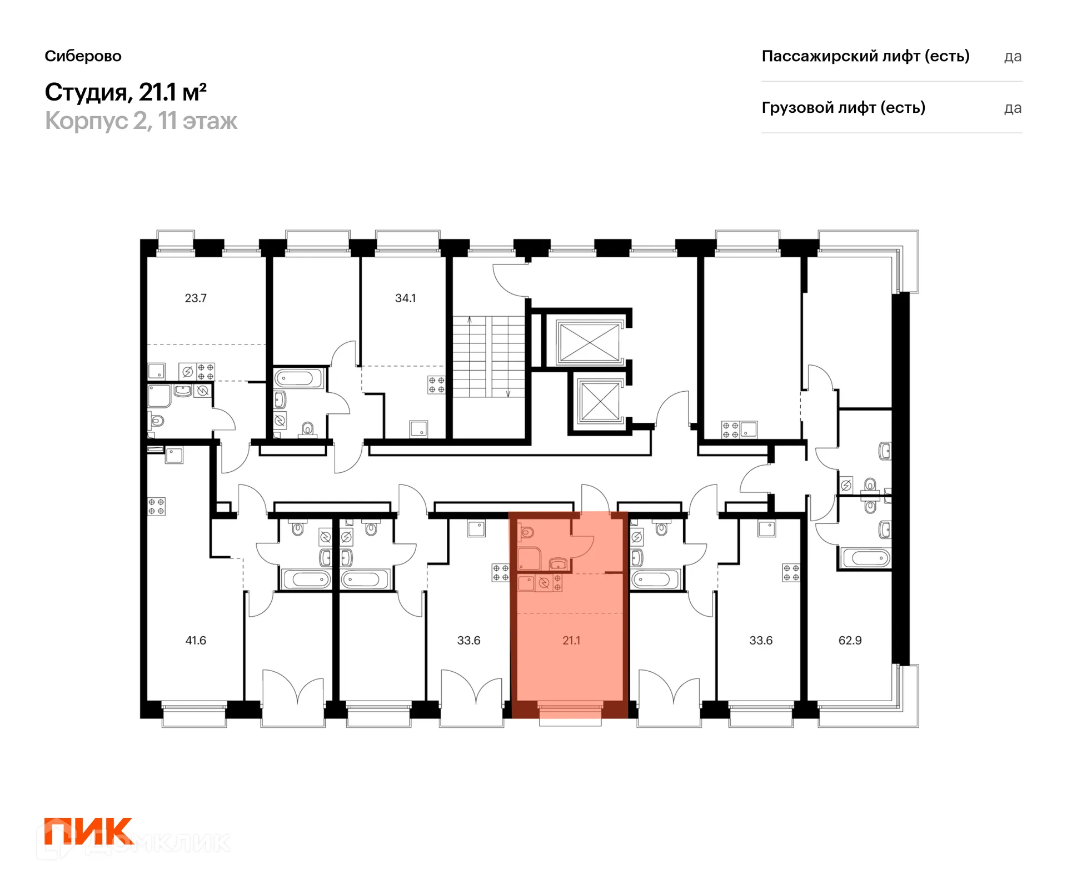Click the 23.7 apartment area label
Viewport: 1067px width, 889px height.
click(196, 298)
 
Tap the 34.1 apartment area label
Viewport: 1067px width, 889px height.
click(405, 298)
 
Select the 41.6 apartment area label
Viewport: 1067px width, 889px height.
click(196, 641)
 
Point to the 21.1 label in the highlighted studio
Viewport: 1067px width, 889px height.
click(571, 641)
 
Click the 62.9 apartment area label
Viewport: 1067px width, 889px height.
click(850, 641)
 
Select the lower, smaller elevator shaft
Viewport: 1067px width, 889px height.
click(599, 401)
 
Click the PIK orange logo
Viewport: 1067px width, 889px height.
click(88, 831)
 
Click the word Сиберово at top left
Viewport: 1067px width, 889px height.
click(83, 56)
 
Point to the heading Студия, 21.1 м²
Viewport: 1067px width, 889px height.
click(126, 92)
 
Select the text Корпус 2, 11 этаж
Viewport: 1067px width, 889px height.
click(141, 121)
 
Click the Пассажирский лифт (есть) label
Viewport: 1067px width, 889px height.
click(865, 56)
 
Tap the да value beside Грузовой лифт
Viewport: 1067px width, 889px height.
click(1013, 108)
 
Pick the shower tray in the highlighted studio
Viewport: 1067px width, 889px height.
click(530, 559)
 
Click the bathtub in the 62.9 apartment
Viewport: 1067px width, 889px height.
click(866, 558)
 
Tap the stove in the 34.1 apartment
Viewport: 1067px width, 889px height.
click(436, 385)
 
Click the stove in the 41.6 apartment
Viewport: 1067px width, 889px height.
click(156, 506)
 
